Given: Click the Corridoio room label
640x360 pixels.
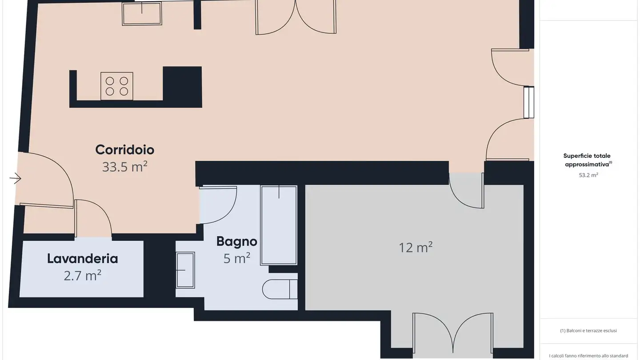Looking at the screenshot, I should (x=124, y=150).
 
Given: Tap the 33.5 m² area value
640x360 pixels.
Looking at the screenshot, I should (x=124, y=167).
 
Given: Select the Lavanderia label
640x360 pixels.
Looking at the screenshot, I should (x=83, y=259).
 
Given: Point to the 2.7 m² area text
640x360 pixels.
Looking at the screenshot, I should (x=83, y=276).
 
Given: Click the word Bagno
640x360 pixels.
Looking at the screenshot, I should (x=236, y=241).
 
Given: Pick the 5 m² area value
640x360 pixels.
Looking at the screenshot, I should (x=236, y=258).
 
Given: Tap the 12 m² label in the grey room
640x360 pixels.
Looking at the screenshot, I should (x=416, y=248).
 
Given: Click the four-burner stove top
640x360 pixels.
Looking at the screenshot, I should (x=117, y=86).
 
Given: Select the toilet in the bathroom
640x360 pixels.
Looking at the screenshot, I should (x=279, y=289).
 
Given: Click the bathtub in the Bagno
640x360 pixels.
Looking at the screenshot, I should (x=279, y=225).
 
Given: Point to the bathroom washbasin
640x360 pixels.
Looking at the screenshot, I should (x=185, y=270).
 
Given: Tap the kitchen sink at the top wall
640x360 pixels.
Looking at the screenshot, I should (x=142, y=14).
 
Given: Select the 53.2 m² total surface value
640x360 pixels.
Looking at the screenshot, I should (x=588, y=175).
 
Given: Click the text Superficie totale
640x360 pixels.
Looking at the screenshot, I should (x=587, y=156).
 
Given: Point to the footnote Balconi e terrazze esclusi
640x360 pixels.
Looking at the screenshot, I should (x=588, y=331).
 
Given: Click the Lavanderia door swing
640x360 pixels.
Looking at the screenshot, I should (x=93, y=218).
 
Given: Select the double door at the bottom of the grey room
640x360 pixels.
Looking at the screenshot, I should (x=452, y=336).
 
